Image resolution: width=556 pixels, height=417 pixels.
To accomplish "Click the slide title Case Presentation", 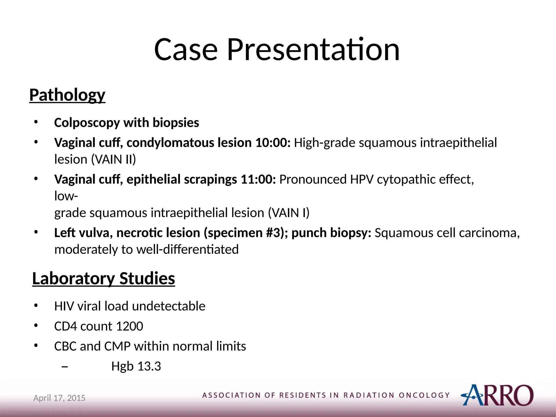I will (x=277, y=49).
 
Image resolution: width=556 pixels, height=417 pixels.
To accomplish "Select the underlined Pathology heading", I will (x=67, y=95).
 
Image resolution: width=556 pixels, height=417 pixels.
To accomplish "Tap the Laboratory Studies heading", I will (x=103, y=279).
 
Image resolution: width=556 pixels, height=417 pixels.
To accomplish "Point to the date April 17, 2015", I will (x=59, y=398).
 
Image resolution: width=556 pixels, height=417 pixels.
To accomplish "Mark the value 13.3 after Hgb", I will (x=149, y=366).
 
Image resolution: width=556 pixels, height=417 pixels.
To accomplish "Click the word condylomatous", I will (x=170, y=143).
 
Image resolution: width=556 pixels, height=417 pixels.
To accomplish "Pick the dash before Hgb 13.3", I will (x=65, y=367).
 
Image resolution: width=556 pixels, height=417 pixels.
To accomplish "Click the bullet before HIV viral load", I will (x=36, y=306).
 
